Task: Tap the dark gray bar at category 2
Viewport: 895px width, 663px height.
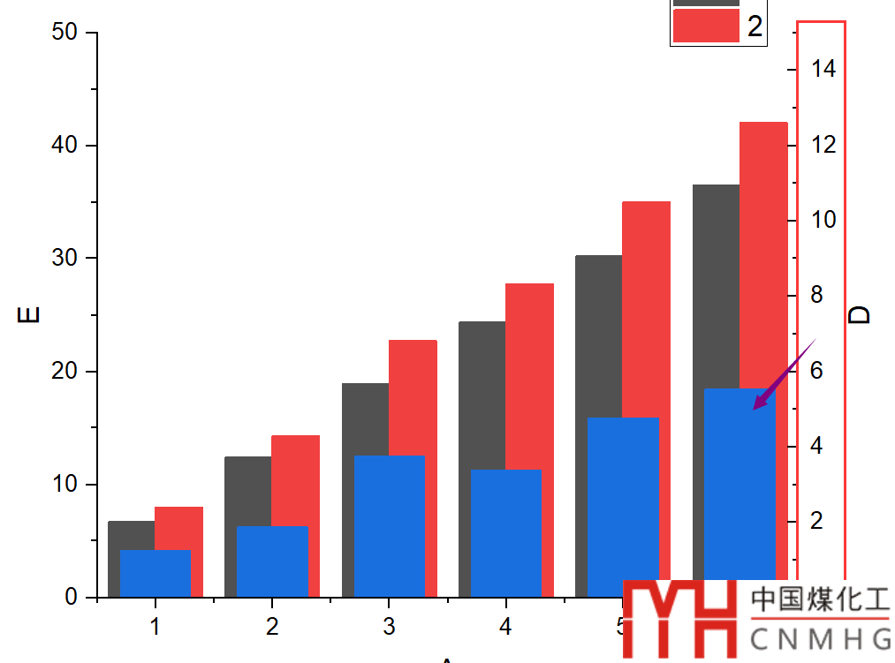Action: coord(247,490)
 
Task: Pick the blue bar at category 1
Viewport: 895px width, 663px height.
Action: coord(155,573)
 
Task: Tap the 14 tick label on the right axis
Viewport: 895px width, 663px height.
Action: coord(823,69)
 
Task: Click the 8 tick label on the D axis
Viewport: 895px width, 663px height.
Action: coord(816,295)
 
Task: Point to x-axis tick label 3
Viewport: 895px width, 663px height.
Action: coord(389,628)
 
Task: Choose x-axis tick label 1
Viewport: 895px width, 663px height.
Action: coord(155,628)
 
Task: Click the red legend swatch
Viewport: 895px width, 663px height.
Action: coord(705,26)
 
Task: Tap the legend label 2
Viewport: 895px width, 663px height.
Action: coord(755,26)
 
